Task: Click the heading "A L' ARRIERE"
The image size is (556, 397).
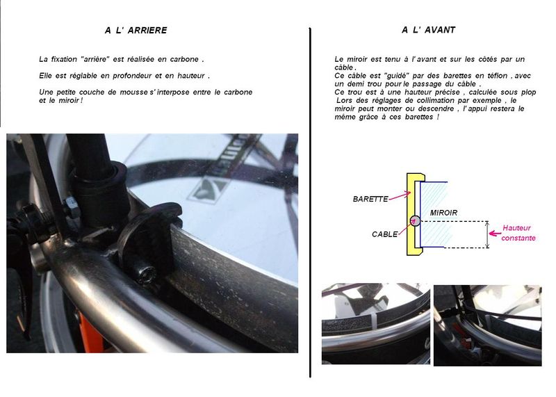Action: tap(136, 31)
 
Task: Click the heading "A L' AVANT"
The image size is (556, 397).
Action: tap(428, 30)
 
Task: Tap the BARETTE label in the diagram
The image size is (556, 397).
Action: tap(370, 199)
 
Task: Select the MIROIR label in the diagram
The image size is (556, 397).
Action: tap(443, 213)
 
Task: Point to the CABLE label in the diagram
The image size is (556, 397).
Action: tap(385, 234)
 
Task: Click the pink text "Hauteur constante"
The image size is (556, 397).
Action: tap(518, 233)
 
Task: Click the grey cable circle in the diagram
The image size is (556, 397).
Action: tap(414, 221)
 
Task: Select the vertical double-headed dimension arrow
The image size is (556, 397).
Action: tap(487, 234)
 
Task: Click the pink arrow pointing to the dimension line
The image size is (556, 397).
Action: tap(495, 234)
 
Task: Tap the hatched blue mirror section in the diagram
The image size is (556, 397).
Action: tap(436, 214)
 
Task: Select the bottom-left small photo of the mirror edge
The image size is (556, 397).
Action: tap(376, 323)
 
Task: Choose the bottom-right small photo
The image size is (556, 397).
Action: tap(488, 325)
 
